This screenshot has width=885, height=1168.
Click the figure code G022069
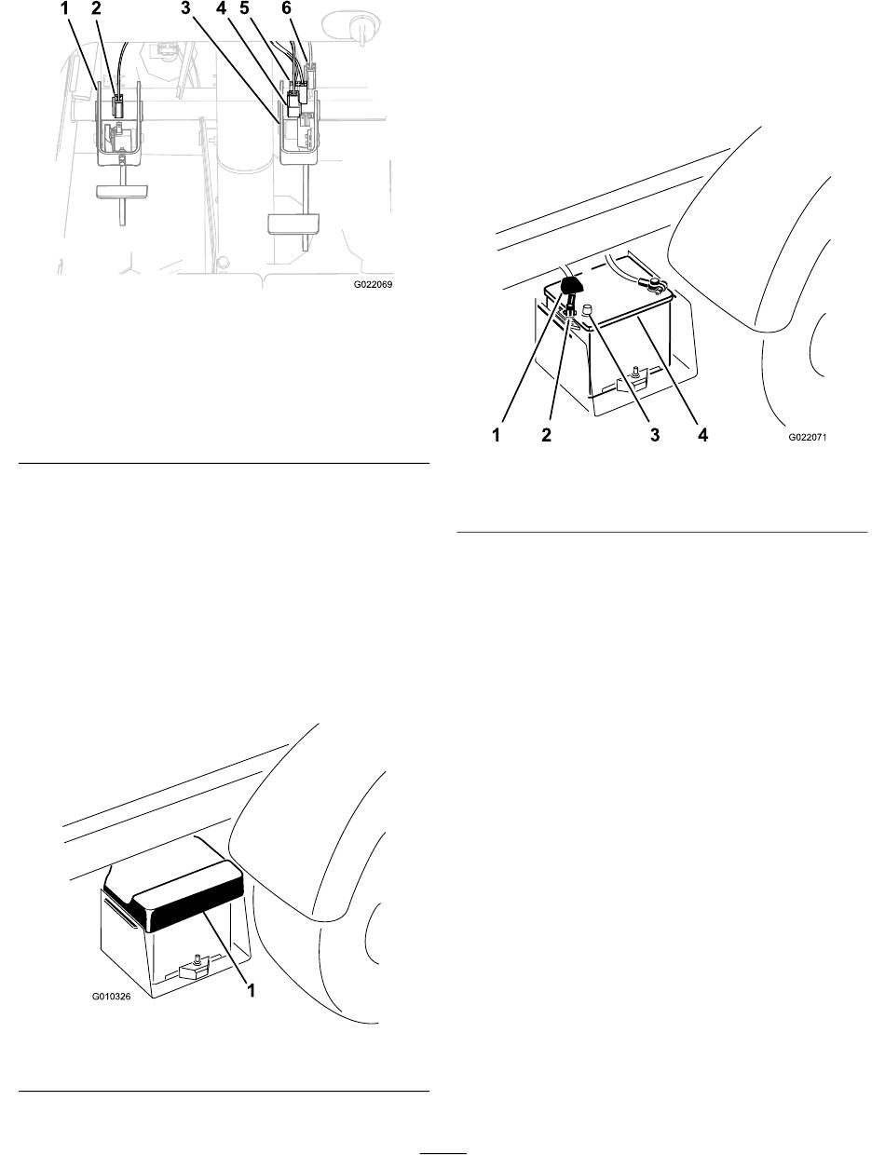point(373,285)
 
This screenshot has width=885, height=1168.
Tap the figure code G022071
point(808,438)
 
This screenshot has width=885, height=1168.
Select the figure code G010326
point(111,996)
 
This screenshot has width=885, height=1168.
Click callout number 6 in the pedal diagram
point(286,8)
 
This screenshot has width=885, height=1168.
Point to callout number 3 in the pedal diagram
point(185,8)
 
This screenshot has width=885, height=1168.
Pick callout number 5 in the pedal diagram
point(244,8)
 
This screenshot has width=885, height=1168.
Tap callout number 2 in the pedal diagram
point(96,8)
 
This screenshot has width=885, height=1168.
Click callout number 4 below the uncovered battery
point(703,435)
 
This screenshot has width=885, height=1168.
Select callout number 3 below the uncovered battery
point(655,435)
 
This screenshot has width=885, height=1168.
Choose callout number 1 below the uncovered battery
point(496,435)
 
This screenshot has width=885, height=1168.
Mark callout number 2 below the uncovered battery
point(546,435)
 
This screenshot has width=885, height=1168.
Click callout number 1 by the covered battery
point(251,990)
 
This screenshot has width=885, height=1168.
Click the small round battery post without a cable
point(588,309)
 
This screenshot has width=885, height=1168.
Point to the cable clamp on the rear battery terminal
point(655,286)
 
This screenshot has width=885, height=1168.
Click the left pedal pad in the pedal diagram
point(122,191)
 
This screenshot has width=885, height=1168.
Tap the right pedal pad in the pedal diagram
point(293,224)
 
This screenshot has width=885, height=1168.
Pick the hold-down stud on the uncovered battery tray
point(634,372)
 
